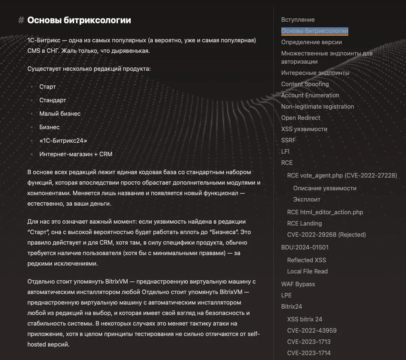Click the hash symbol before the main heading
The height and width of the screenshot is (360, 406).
pyautogui.click(x=21, y=20)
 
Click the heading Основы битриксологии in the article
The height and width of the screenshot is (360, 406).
pyautogui.click(x=79, y=20)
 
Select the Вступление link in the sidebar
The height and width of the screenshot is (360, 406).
pyautogui.click(x=298, y=19)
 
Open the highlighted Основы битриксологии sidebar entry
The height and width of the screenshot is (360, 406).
pyautogui.click(x=315, y=31)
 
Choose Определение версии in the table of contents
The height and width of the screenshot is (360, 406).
pyautogui.click(x=311, y=42)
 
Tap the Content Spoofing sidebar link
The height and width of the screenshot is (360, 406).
pyautogui.click(x=305, y=84)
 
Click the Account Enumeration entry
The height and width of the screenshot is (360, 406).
pyautogui.click(x=310, y=95)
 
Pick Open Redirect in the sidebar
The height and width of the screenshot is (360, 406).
pyautogui.click(x=300, y=118)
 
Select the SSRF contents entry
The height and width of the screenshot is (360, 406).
pyautogui.click(x=288, y=140)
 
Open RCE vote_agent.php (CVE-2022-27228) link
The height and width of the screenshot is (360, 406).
pyautogui.click(x=342, y=175)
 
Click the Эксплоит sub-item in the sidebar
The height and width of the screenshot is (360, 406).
pyautogui.click(x=307, y=199)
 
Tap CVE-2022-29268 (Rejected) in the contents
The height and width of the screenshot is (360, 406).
pyautogui.click(x=326, y=235)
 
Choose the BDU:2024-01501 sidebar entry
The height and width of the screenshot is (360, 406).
pyautogui.click(x=305, y=247)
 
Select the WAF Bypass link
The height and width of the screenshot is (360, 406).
pyautogui.click(x=298, y=284)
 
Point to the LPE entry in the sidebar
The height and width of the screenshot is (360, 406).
pyautogui.click(x=286, y=295)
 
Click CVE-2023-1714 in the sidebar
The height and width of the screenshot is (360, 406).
pyautogui.click(x=309, y=353)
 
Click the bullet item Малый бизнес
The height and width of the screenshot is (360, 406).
pyautogui.click(x=60, y=114)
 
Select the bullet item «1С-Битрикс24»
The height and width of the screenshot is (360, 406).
pyautogui.click(x=63, y=140)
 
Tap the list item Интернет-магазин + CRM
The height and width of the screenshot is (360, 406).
pyautogui.click(x=76, y=154)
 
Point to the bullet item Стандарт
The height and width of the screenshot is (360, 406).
pyautogui.click(x=52, y=100)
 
